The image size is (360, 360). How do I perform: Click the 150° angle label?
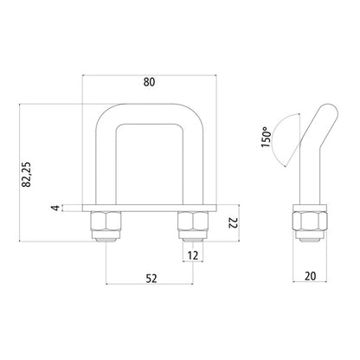(271, 135)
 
